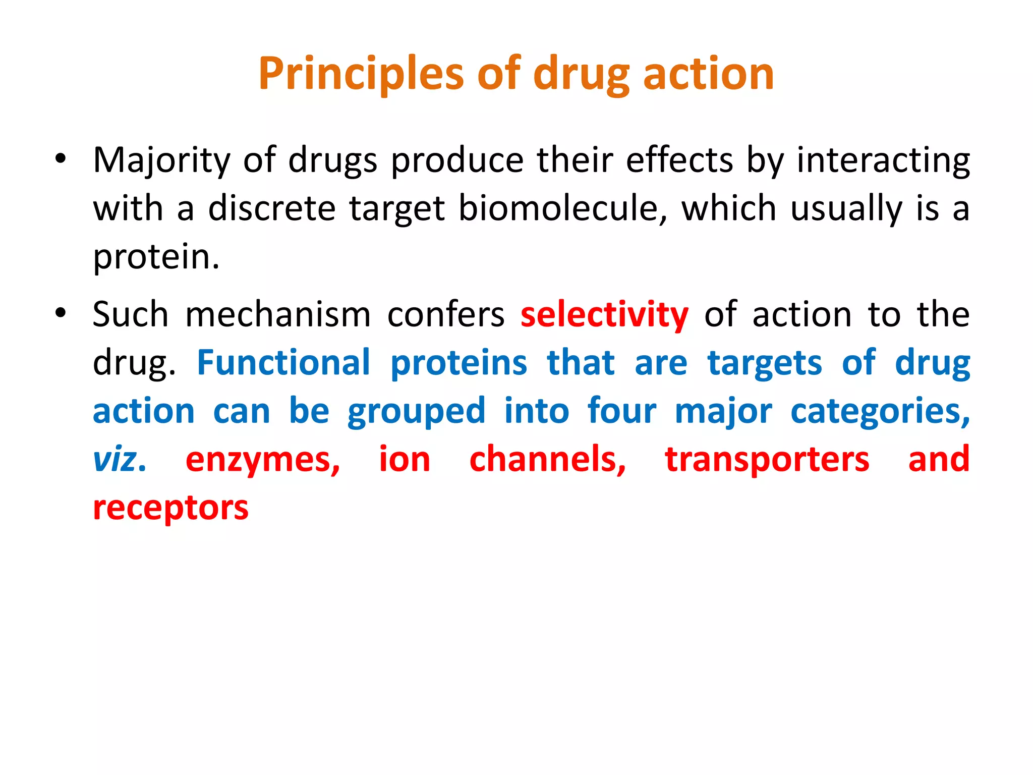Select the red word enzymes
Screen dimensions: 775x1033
coord(263,460)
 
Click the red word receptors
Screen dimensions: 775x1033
coord(170,508)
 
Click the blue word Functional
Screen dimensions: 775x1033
coord(283,362)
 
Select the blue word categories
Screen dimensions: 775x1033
coord(880,411)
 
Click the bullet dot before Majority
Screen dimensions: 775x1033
coord(61,159)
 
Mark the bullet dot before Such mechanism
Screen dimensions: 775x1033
coord(61,313)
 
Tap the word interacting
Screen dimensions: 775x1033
coord(883,160)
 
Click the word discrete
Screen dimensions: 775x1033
coord(271,208)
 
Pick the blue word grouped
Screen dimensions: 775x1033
coord(416,411)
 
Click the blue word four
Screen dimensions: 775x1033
coord(621,411)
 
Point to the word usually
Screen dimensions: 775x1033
coord(845,208)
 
